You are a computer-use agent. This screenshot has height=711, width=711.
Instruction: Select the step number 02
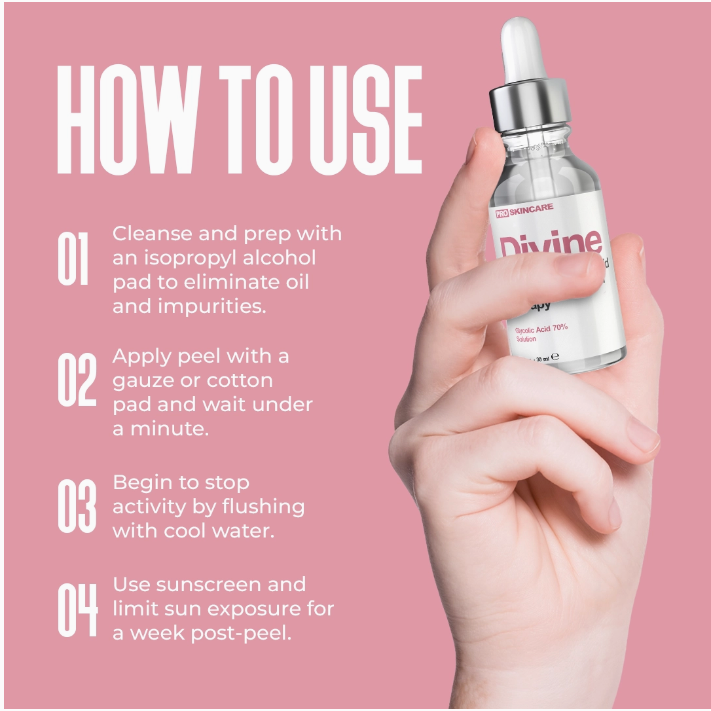[x=77, y=379]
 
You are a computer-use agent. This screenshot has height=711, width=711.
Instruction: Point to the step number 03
[x=77, y=505]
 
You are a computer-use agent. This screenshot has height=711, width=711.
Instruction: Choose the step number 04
[x=77, y=610]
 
